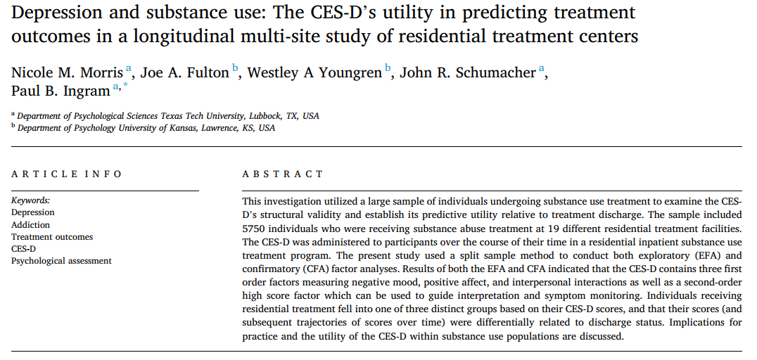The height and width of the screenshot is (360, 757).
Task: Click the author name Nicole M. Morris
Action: coord(67,72)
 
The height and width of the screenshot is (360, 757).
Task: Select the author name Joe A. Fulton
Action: coord(184,72)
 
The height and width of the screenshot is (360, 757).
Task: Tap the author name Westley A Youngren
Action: coord(314,72)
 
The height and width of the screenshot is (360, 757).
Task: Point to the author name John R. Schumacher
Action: coord(468,72)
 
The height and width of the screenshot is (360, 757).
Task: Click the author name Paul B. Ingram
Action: coord(61,90)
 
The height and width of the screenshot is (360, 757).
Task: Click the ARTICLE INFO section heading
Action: coord(67,174)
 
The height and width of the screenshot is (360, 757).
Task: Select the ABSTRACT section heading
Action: coord(283,174)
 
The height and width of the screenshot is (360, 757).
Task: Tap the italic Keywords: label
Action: coord(31,200)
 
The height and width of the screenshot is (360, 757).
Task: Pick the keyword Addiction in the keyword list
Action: coord(31,225)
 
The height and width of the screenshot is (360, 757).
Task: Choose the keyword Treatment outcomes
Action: coord(52,237)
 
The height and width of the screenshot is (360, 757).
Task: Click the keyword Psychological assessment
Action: coord(61,261)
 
